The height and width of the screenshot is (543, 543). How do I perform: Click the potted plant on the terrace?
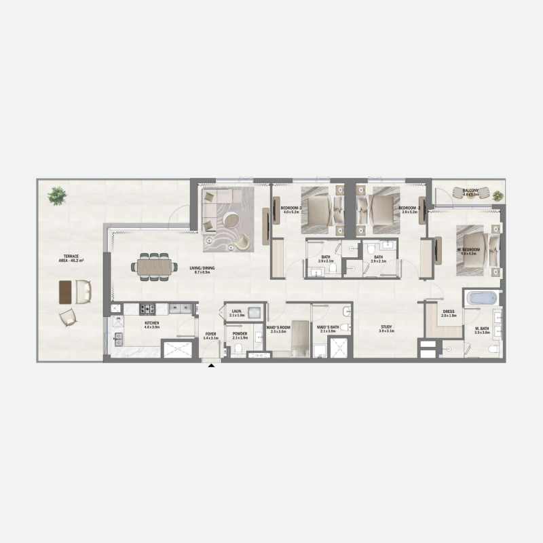tap(57, 196)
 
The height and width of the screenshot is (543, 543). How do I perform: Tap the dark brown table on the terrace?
tap(66, 291)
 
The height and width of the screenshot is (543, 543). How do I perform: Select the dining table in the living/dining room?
tap(154, 267)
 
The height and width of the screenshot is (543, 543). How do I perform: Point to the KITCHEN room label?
tap(151, 323)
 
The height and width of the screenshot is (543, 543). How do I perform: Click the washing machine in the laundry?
tap(255, 313)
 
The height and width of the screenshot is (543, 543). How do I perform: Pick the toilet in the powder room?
tap(238, 350)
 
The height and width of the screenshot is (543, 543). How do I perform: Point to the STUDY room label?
tap(386, 328)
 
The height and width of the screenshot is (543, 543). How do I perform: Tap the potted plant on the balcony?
tap(498, 196)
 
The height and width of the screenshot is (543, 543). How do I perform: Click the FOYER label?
tap(210, 335)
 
